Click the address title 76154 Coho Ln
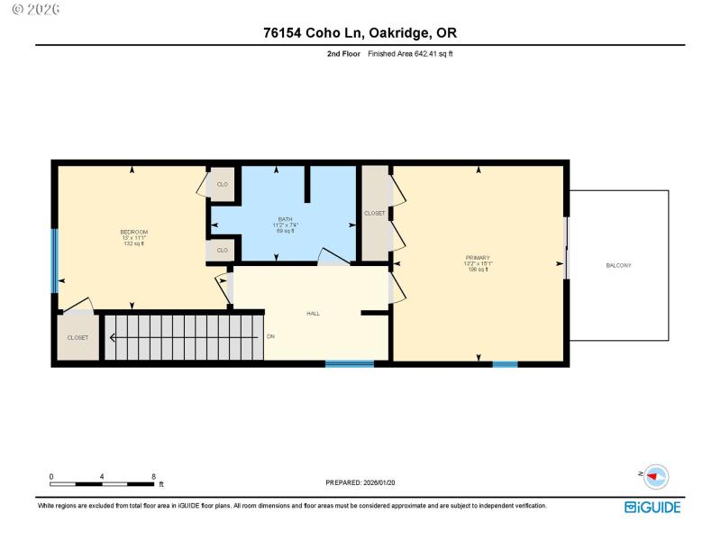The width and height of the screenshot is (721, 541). pos(360,33)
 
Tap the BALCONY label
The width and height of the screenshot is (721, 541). pos(618,265)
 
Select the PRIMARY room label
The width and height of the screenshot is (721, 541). pos(477,258)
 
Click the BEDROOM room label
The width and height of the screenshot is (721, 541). pos(133,233)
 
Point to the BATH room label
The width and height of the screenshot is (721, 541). pos(285,219)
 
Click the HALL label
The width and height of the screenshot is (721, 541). pos(313,314)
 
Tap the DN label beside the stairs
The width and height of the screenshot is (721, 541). pos(270,337)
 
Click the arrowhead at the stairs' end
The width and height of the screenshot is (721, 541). pos(114,338)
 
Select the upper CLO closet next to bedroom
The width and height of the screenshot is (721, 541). pos(222,184)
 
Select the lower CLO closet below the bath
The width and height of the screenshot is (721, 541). pos(222,250)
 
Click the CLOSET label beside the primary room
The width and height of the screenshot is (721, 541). pos(374,214)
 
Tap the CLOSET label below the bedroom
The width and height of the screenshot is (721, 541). pos(78,338)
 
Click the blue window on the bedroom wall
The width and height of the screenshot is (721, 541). pos(54,261)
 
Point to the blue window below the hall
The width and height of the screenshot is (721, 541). pos(350,363)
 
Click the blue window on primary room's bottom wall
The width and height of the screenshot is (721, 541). pos(505,363)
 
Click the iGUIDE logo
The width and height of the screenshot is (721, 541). pos(653,508)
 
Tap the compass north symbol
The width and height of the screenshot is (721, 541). pos(656,475)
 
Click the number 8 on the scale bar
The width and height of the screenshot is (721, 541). pos(154,476)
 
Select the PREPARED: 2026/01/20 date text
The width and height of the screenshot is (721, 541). pos(360,482)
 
